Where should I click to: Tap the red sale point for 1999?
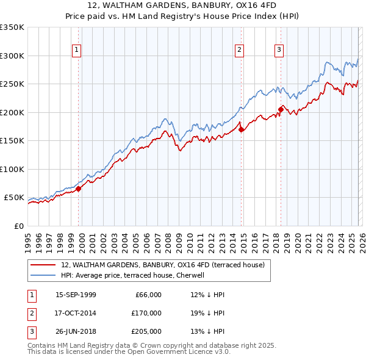coord(79,189)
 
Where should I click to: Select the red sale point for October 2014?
coord(242,129)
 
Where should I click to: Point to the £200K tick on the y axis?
coord(12,112)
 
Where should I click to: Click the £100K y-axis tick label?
coord(12,169)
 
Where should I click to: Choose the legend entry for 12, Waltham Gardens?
coord(162,265)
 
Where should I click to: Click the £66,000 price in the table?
coord(147,295)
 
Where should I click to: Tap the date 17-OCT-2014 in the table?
coord(76,313)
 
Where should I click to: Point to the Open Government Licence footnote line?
coord(129,352)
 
